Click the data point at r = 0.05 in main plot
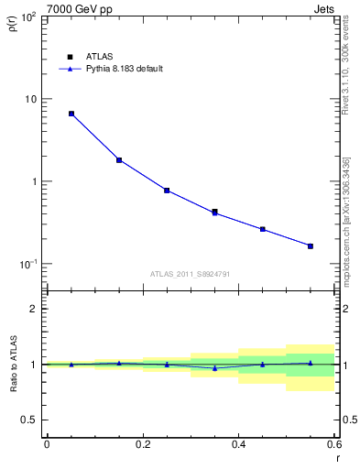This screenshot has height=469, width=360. point(71,114)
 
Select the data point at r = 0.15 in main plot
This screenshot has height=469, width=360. point(119,160)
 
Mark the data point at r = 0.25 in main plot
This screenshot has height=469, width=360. point(167,191)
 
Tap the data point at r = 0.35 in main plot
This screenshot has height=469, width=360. point(214,212)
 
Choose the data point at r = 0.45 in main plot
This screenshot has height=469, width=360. point(263,229)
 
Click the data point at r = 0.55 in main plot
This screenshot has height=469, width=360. point(311,245)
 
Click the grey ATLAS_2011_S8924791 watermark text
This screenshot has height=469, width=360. point(191,274)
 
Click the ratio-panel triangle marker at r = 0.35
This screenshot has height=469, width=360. point(214,368)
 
